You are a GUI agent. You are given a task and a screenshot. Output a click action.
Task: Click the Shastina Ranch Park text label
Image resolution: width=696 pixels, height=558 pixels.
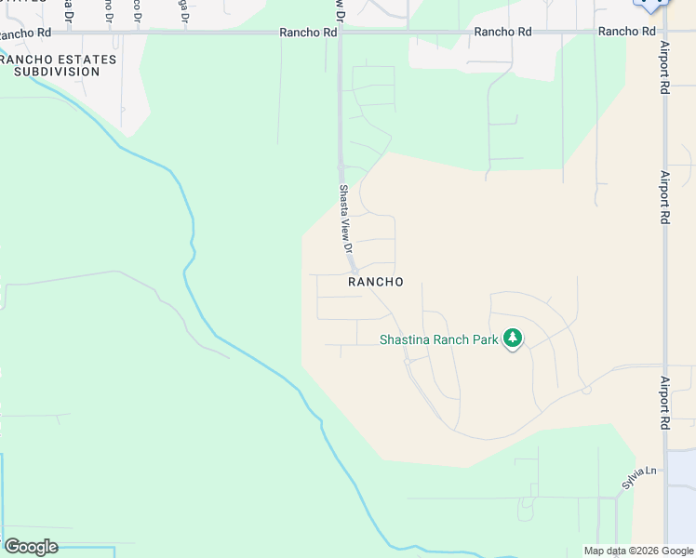(439, 339)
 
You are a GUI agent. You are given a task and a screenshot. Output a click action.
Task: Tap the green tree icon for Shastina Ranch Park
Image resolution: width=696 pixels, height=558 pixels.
(512, 339)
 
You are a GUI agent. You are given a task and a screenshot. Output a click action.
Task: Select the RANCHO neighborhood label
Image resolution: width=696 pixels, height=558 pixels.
(376, 281)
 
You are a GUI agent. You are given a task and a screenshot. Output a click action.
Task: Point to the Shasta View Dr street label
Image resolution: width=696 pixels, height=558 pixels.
(344, 219)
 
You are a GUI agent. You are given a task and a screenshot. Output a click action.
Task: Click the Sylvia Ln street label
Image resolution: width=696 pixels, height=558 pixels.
(634, 479)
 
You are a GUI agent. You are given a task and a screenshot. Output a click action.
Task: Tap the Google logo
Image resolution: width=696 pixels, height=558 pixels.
(31, 547)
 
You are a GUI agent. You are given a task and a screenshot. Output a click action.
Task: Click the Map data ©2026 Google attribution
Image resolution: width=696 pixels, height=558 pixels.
(638, 551)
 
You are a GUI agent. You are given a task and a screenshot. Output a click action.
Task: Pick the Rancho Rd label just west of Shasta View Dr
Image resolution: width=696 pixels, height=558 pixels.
(308, 32)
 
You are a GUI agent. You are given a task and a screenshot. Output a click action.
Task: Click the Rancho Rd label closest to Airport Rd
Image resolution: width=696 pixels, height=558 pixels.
(627, 32)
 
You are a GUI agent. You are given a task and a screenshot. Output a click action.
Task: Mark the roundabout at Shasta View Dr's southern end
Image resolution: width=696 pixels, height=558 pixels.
(355, 271)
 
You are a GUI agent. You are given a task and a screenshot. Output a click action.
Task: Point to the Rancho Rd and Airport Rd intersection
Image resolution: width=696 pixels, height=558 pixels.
(663, 32)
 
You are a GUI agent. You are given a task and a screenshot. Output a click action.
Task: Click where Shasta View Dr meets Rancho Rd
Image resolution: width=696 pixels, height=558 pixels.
(341, 32)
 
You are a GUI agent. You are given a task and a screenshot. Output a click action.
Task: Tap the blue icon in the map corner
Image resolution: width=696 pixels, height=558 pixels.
(651, 5)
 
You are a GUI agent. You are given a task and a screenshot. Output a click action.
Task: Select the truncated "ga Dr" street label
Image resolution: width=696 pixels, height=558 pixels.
(183, 11)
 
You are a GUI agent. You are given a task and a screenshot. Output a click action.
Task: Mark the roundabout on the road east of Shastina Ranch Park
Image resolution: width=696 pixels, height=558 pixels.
(586, 390)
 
